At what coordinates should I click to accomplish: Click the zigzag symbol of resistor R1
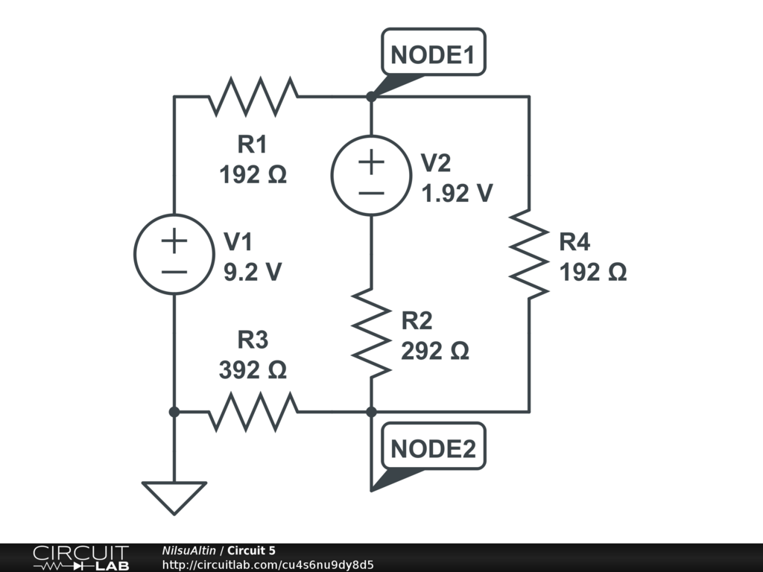pyautogui.click(x=253, y=96)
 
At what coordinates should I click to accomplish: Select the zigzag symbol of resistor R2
pyautogui.click(x=371, y=333)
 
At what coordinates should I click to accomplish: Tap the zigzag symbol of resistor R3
pyautogui.click(x=253, y=411)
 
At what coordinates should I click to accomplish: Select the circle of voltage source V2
pyautogui.click(x=370, y=176)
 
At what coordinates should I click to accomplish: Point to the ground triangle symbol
pyautogui.click(x=174, y=496)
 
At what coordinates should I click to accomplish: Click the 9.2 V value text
pyautogui.click(x=253, y=273)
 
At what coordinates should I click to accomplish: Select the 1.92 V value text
pyautogui.click(x=457, y=194)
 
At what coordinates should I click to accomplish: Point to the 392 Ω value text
pyautogui.click(x=253, y=370)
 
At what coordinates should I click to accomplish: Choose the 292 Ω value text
pyautogui.click(x=435, y=351)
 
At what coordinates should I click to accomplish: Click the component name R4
pyautogui.click(x=574, y=242)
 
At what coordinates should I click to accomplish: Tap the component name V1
pyautogui.click(x=238, y=242)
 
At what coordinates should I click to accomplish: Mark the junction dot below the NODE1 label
pyautogui.click(x=371, y=97)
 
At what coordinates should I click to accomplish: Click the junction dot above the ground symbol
pyautogui.click(x=174, y=411)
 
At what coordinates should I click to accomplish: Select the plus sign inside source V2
pyautogui.click(x=370, y=162)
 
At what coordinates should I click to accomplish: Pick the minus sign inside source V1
pyautogui.click(x=174, y=272)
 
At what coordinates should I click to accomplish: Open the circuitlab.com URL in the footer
pyautogui.click(x=268, y=565)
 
